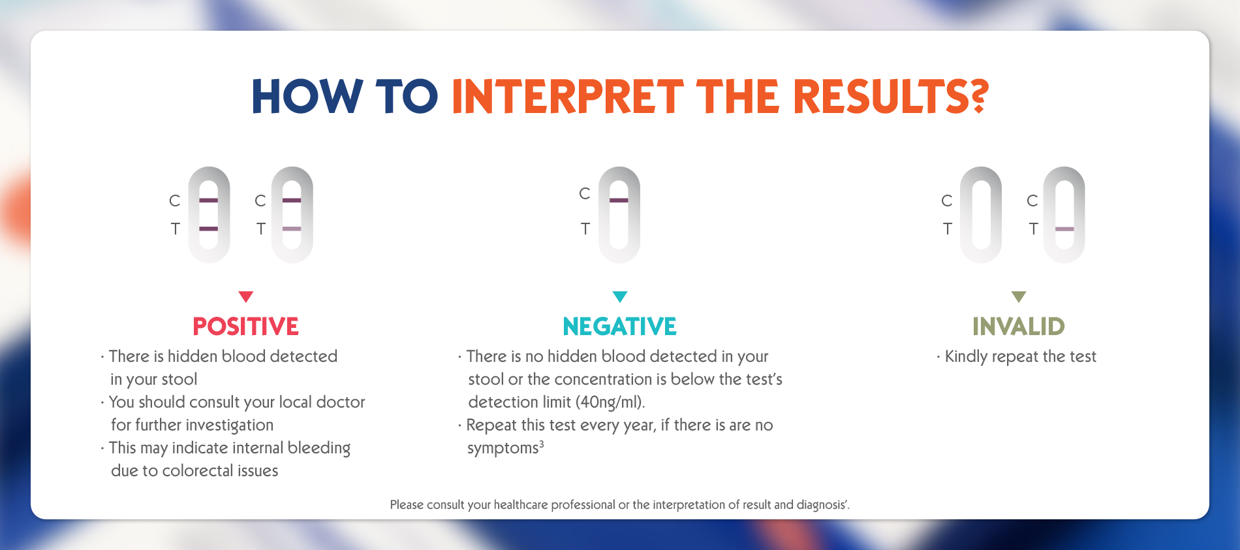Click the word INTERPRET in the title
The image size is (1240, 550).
pos(568,97)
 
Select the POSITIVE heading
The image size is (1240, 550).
pos(246,327)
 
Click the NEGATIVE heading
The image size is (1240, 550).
pos(620,327)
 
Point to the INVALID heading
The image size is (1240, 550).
pos(1019,327)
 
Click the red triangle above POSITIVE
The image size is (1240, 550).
pos(246,297)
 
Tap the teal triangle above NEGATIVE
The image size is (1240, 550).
pos(620,297)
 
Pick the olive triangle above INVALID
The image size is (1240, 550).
pos(1019,297)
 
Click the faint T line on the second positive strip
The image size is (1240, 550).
pos(292,229)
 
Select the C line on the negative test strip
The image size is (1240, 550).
pos(619,200)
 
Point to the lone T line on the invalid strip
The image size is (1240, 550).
pos(1064,229)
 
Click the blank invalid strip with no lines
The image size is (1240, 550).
pos(981,215)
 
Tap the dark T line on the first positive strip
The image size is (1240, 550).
pos(209,229)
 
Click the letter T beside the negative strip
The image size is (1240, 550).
pos(585,229)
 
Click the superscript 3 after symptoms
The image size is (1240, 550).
pos(542,444)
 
